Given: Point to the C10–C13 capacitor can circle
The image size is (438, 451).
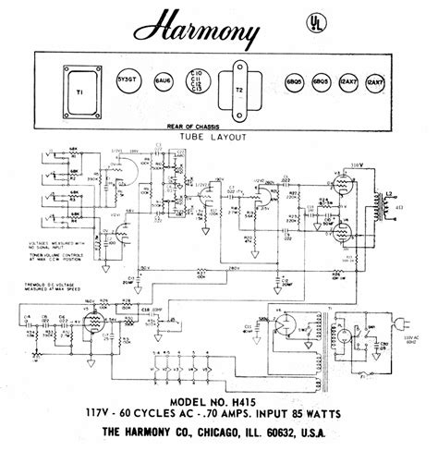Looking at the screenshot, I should [197, 81].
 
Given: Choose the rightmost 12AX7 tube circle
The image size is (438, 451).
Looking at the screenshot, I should [374, 81].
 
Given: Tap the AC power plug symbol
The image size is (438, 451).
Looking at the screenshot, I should [405, 323].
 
